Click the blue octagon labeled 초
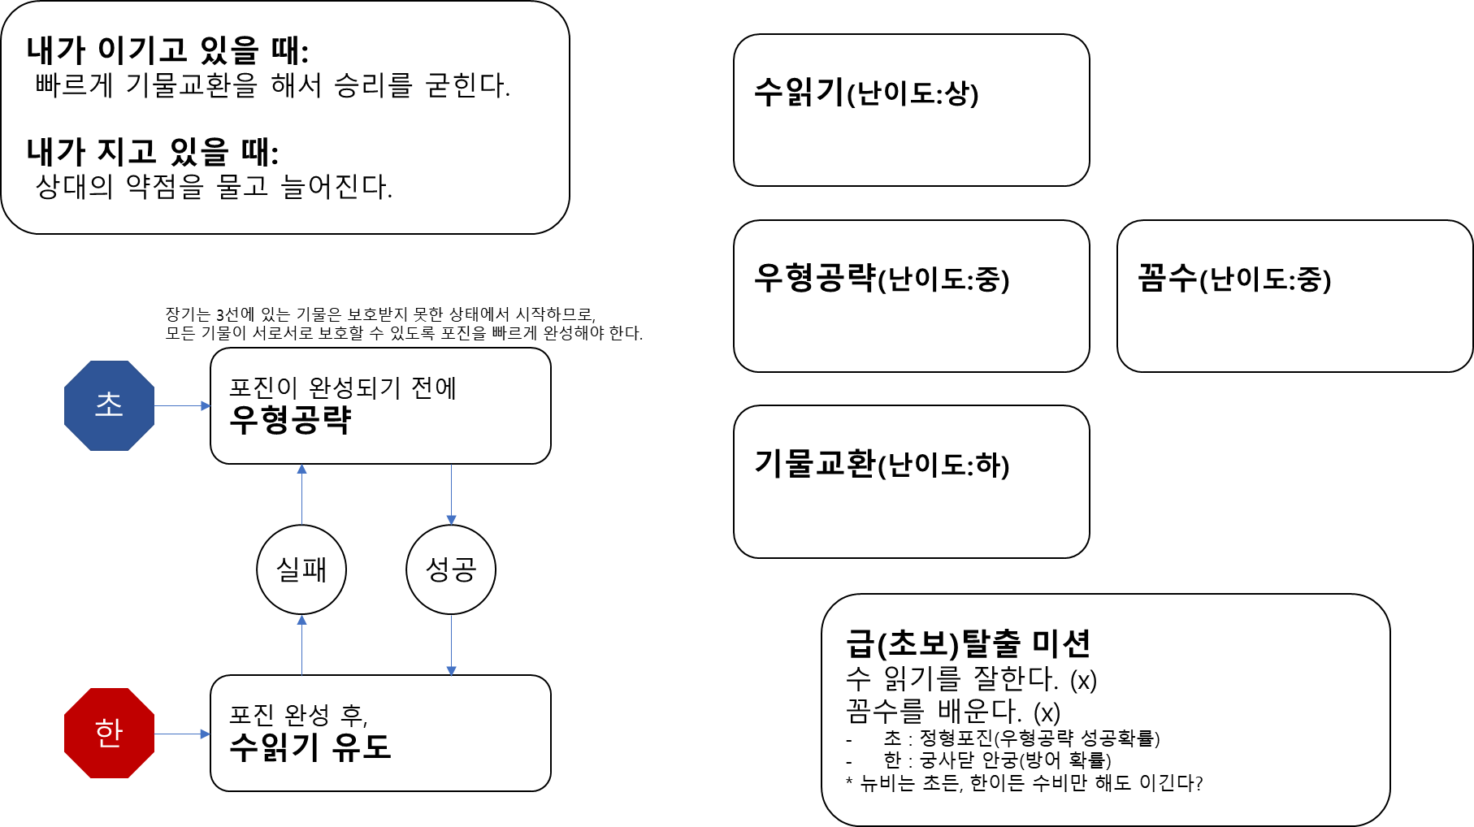[x=109, y=405]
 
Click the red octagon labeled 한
[x=109, y=733]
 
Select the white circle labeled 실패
[x=301, y=569]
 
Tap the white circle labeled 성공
[x=451, y=569]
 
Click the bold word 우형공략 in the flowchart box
[x=290, y=420]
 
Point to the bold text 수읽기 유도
[x=310, y=747]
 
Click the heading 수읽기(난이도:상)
[x=866, y=93]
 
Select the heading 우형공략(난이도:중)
[x=882, y=279]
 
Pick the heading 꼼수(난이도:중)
[x=1234, y=279]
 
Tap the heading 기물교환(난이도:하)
[x=882, y=465]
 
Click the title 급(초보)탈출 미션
[x=968, y=643]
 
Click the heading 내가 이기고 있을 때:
[x=167, y=50]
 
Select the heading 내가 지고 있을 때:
[x=153, y=152]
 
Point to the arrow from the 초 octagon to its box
[x=183, y=405]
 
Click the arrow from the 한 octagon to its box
[x=183, y=734]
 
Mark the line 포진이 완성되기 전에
[x=343, y=388]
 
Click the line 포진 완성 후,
[x=298, y=716]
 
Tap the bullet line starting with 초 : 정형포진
[x=1021, y=738]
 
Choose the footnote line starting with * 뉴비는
[x=1024, y=783]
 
